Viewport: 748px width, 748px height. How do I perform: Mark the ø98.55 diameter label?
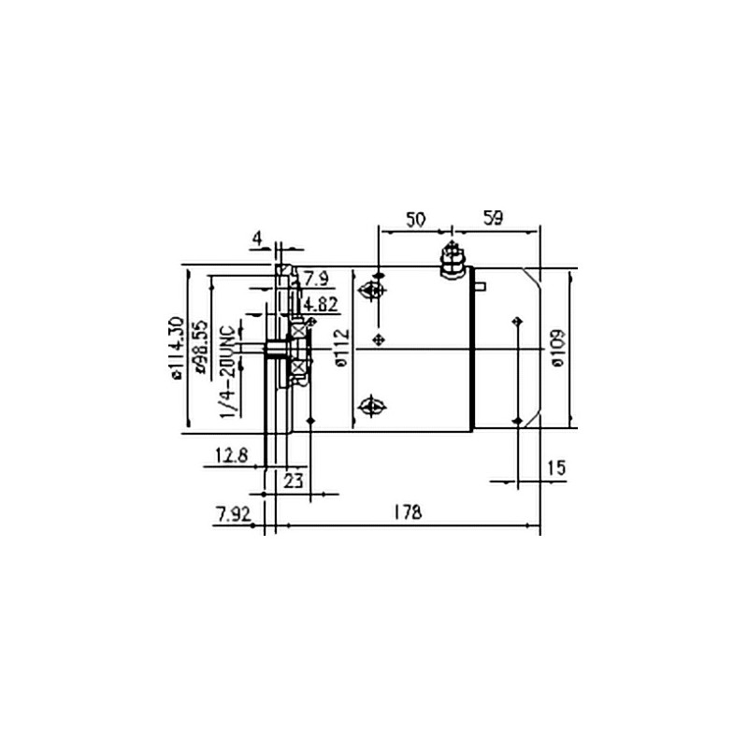(x=199, y=348)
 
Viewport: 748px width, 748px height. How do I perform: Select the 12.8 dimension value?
(x=231, y=455)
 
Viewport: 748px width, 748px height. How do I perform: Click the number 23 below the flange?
(x=294, y=482)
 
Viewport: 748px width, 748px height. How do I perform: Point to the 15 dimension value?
(x=556, y=466)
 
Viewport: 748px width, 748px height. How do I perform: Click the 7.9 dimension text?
(x=316, y=278)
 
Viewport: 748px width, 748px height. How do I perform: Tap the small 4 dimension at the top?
(x=256, y=238)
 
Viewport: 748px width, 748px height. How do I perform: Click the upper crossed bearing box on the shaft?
(x=298, y=329)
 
